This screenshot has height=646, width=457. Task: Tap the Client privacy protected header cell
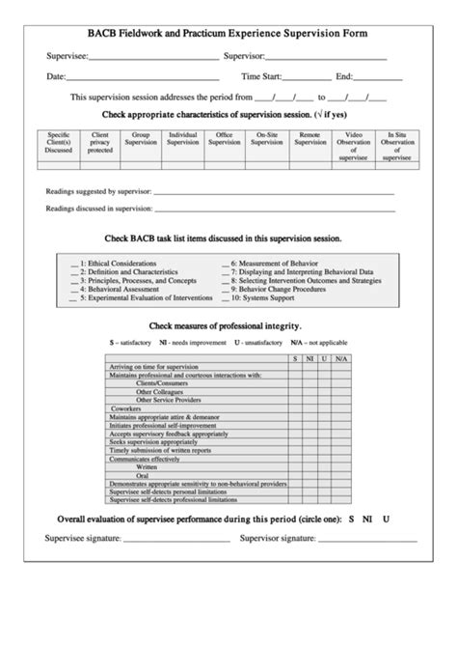point(99,144)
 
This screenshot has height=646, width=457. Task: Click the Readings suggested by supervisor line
point(270,193)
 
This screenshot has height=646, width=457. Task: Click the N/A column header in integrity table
point(341,358)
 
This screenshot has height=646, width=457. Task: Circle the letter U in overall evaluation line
point(386,518)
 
